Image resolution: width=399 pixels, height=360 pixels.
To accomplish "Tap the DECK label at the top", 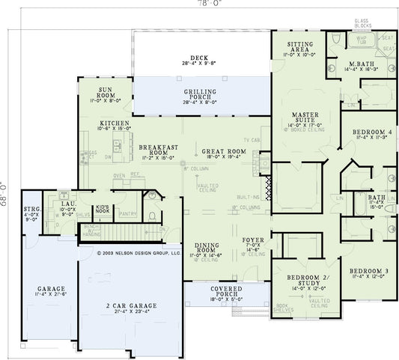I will (x=198, y=57).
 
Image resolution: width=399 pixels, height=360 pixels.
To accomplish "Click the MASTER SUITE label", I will (x=305, y=116).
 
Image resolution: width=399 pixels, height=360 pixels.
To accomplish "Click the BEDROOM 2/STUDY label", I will (x=302, y=279).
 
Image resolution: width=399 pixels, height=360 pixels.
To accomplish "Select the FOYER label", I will (x=252, y=240).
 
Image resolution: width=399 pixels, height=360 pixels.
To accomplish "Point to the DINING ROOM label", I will (x=207, y=248).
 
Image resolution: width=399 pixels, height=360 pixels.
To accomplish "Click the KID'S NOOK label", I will (x=103, y=210).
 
